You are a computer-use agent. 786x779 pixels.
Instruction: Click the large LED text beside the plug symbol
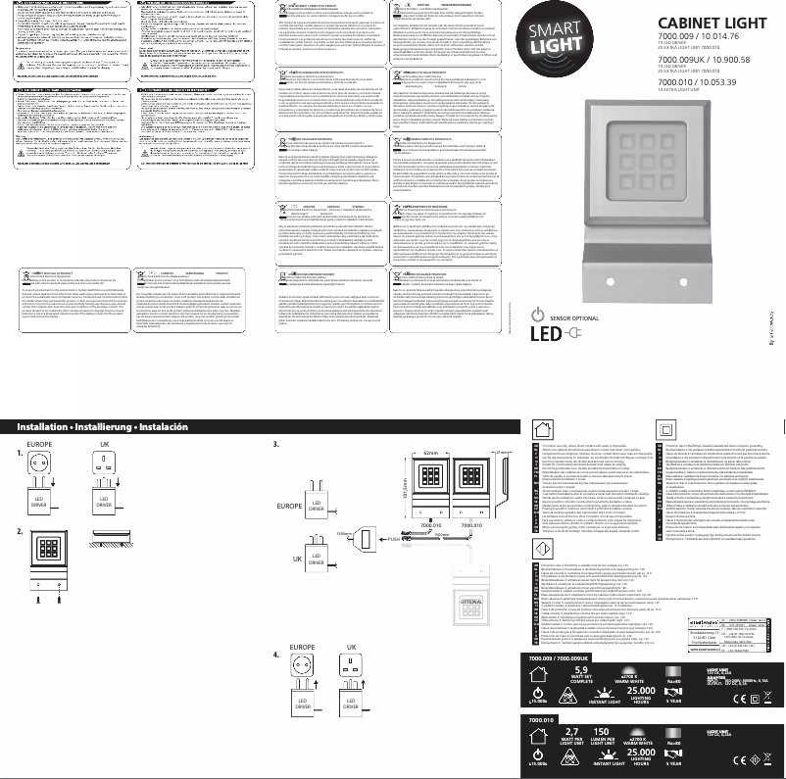pos(546,337)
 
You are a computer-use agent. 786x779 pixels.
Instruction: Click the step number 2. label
pos(19,532)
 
